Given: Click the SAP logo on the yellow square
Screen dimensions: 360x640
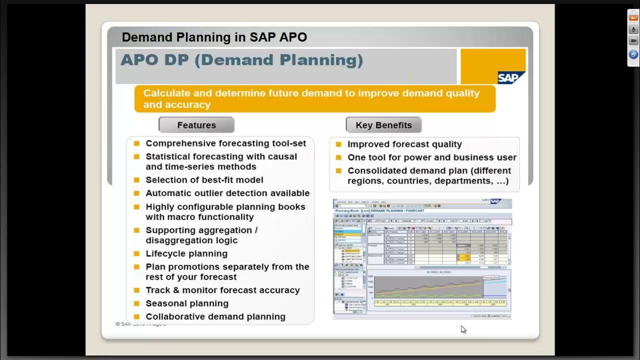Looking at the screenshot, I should coord(511,77).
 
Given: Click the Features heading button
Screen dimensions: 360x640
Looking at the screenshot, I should coord(196,125).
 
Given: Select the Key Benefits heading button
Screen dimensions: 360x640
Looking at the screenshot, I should coord(383,125).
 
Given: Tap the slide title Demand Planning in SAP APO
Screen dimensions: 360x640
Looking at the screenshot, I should coord(214,37).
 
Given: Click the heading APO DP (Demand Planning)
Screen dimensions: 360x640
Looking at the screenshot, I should coord(241,60).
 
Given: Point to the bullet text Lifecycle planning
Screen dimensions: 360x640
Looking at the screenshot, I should coord(186,253).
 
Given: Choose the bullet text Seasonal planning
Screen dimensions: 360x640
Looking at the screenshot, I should coord(187,303).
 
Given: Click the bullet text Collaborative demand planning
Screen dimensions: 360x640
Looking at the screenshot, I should coord(215,316).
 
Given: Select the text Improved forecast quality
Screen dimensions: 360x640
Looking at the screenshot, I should coord(404,144).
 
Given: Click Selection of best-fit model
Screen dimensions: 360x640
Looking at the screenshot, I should coord(204,180).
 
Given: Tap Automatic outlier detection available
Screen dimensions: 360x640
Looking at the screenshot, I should coord(227,193).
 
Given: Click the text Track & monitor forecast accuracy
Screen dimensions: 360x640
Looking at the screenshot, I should coord(222,290).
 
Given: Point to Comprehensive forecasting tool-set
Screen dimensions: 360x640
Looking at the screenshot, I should coord(225,143).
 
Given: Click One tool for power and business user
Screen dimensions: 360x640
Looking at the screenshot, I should coord(431,157).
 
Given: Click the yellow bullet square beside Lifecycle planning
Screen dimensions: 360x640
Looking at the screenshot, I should coord(136,253).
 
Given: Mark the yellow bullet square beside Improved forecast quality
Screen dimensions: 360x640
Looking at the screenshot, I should coord(338,144).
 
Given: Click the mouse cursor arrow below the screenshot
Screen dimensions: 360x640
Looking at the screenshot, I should coord(463,329).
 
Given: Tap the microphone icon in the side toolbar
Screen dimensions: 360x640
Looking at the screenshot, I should coord(633,29).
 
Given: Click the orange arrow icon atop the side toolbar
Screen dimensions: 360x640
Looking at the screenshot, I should coord(633,18).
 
